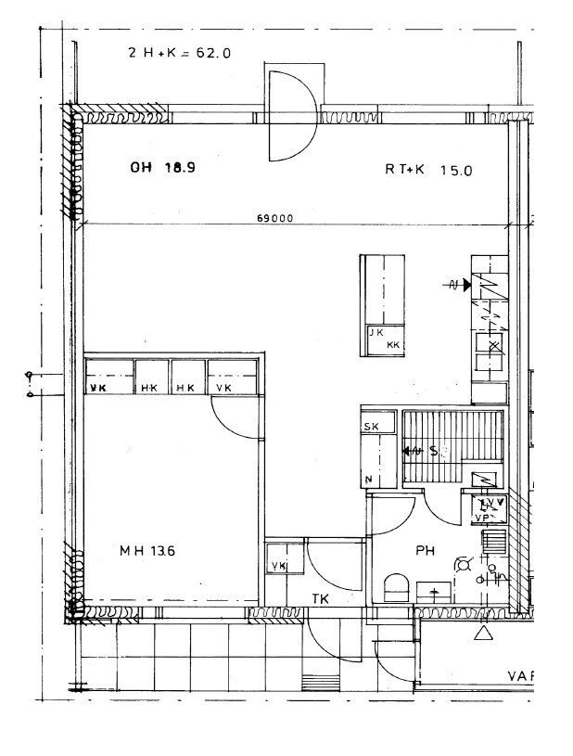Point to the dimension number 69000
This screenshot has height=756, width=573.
pyautogui.click(x=275, y=219)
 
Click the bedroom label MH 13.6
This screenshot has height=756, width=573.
pyautogui.click(x=147, y=550)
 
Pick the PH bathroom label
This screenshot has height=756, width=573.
pyautogui.click(x=425, y=551)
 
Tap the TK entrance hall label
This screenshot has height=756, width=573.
pyautogui.click(x=321, y=599)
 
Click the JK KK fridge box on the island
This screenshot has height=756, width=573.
pyautogui.click(x=384, y=340)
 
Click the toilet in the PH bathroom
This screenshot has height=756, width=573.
pyautogui.click(x=396, y=588)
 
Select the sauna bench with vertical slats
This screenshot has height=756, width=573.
pyautogui.click(x=452, y=447)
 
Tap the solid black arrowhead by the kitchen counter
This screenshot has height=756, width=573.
pyautogui.click(x=466, y=286)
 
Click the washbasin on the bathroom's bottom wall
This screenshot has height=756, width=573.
pyautogui.click(x=433, y=590)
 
